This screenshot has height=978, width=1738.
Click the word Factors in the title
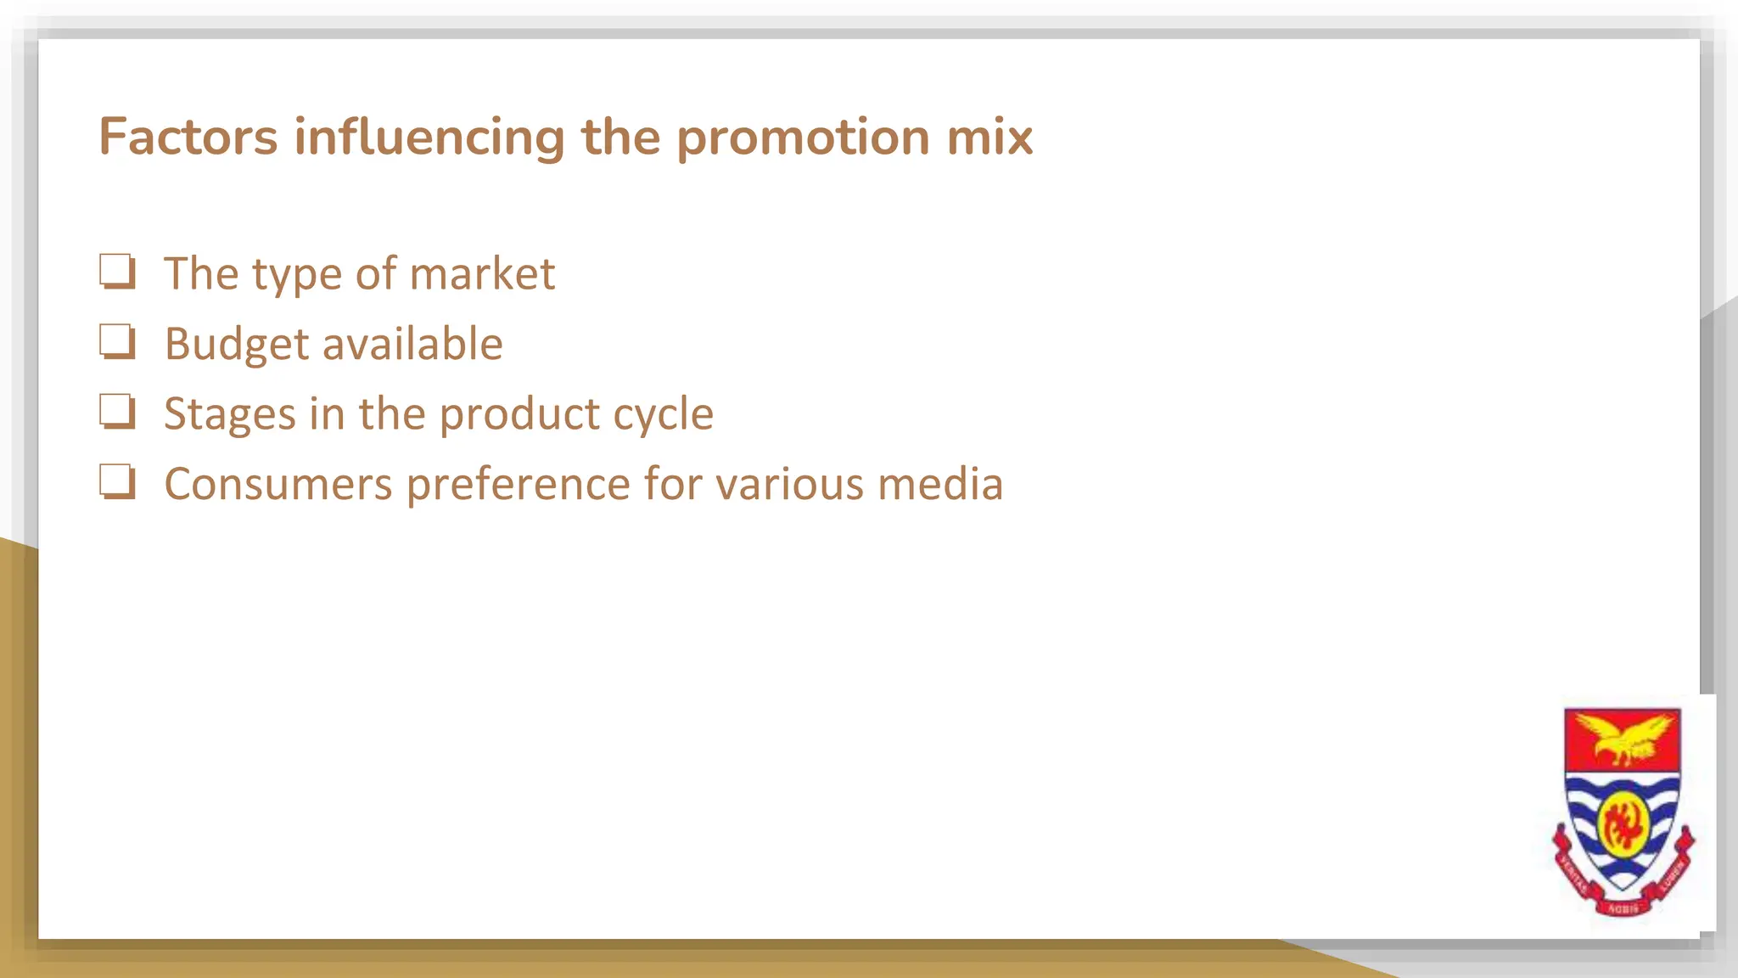[188, 137]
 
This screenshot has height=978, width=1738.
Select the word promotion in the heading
[803, 138]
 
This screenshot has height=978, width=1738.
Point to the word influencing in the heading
[429, 138]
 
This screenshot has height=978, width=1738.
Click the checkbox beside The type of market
[117, 272]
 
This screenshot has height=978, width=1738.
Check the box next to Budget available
[117, 342]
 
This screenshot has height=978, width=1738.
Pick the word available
[412, 344]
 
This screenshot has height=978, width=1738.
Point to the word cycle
[663, 415]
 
